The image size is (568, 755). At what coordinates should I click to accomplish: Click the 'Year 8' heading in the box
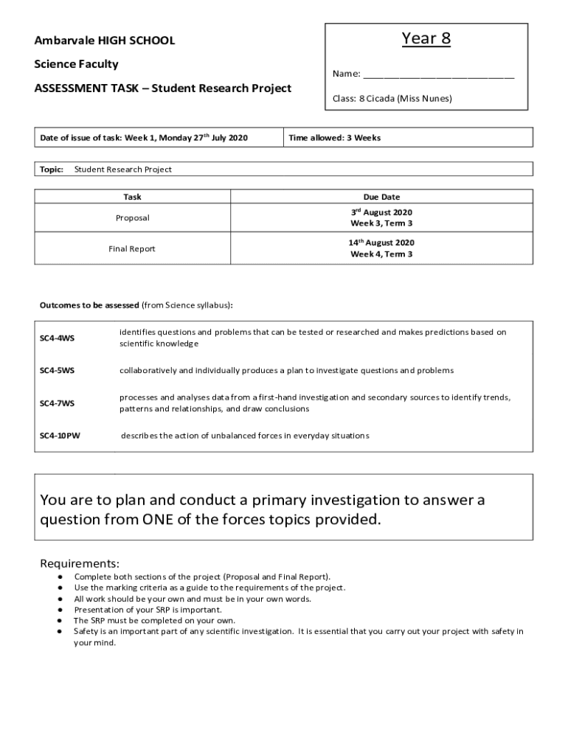tap(426, 38)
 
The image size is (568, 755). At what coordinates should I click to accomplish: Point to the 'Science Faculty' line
tap(76, 64)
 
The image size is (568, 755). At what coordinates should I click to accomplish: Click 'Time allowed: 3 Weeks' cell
tap(335, 138)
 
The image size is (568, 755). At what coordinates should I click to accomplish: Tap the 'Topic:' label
tap(52, 170)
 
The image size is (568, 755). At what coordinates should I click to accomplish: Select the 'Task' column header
tap(133, 197)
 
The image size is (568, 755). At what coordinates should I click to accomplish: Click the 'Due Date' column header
tap(381, 197)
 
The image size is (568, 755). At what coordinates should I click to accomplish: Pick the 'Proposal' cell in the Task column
tap(133, 218)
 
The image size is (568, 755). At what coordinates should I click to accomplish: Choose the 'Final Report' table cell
tap(133, 248)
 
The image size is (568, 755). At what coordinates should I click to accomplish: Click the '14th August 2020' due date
tap(381, 243)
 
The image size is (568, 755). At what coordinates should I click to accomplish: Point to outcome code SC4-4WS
tap(57, 338)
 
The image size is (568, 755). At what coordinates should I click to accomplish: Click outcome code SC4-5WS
tap(57, 370)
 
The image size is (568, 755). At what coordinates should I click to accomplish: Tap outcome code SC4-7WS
tap(57, 403)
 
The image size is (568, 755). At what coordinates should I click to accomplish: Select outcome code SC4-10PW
tap(60, 436)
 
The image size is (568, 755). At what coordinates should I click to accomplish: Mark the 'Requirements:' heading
tap(79, 564)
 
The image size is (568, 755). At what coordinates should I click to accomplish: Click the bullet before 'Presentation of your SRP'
tap(60, 610)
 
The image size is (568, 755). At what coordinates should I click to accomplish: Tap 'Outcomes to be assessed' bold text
tap(89, 305)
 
